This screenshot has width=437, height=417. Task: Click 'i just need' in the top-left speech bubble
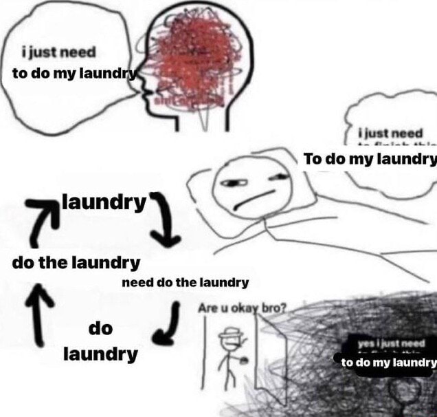[58, 52]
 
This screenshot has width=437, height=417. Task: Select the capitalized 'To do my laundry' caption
[370, 159]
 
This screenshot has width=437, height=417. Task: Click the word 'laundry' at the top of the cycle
[104, 203]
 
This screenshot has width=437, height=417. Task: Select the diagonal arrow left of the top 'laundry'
[42, 220]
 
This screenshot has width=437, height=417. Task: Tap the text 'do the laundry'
[76, 262]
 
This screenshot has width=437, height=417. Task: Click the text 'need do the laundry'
[185, 282]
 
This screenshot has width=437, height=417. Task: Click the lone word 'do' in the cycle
[100, 329]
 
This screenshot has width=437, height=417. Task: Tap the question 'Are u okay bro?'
[241, 309]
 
